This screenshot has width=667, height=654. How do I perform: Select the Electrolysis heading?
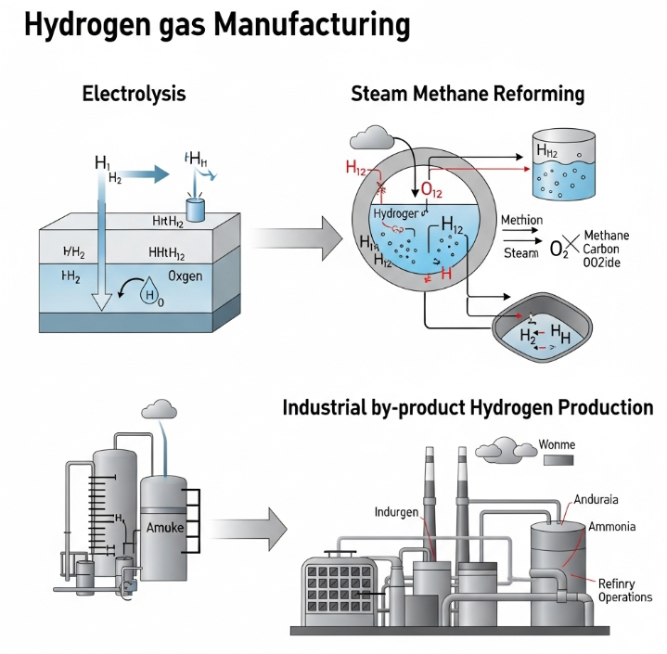(x=134, y=94)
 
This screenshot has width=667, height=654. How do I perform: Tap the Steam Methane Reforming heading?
(x=468, y=94)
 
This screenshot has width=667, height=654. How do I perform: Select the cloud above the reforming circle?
(x=371, y=139)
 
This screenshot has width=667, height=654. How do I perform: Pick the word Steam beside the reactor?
(x=520, y=252)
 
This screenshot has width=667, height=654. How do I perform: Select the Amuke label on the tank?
(x=166, y=528)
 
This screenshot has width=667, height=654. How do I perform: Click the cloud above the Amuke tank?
(x=160, y=409)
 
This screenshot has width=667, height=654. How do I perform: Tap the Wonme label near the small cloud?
(x=557, y=444)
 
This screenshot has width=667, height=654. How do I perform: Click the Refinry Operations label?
(x=624, y=590)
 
